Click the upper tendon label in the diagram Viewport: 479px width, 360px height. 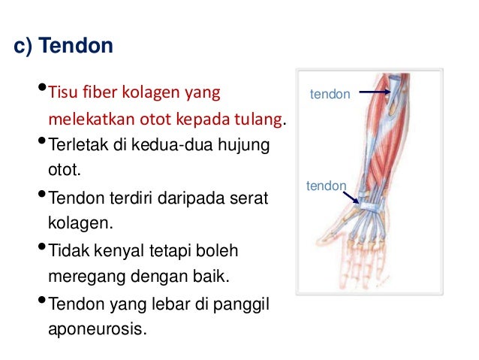[x=330, y=95]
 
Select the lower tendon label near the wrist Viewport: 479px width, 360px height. [x=326, y=186]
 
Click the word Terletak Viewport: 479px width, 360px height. [x=73, y=144]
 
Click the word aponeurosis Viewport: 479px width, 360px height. [x=94, y=328]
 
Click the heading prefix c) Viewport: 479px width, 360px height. [x=23, y=47]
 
